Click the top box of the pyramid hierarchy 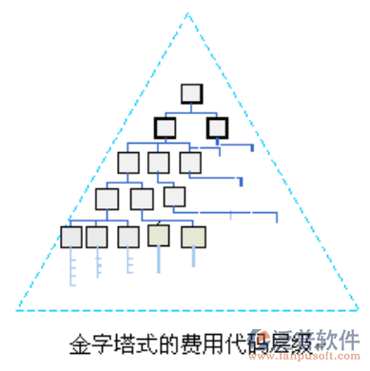tap(191, 93)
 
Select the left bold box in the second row tap(165, 127)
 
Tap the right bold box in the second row tap(218, 127)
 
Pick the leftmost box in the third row tap(128, 163)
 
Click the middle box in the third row tap(159, 163)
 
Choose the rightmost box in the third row tap(190, 163)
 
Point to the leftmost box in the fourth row tap(107, 199)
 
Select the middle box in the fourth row tap(142, 199)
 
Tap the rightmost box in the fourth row tap(174, 197)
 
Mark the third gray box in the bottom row tap(128, 236)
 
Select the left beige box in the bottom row tap(159, 235)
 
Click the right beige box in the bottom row tap(193, 235)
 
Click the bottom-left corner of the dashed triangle tap(17, 309)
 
